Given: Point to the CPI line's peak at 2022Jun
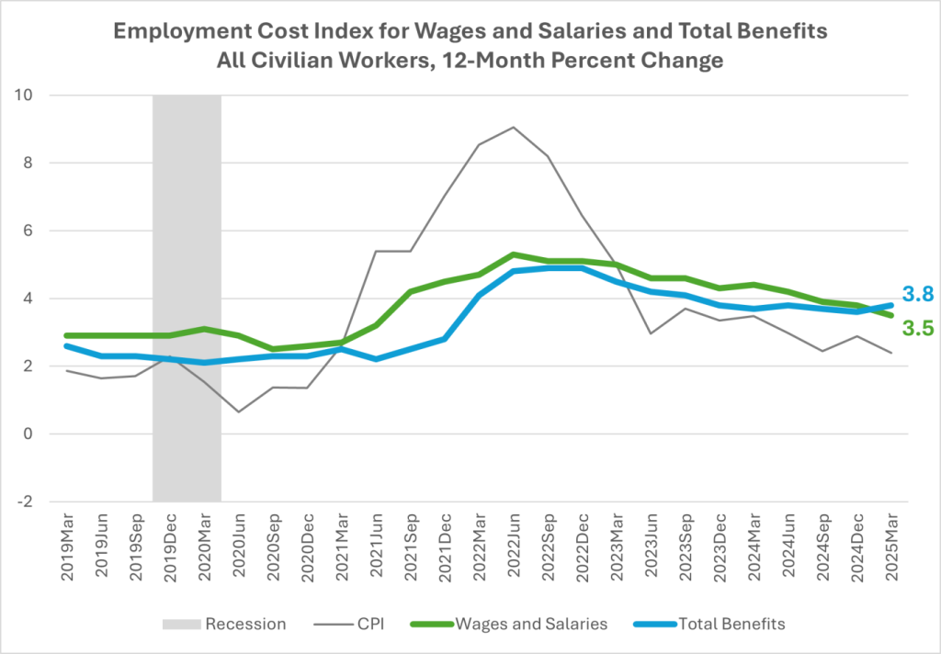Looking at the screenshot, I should tap(514, 127).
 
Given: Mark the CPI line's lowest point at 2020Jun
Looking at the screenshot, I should tap(239, 412).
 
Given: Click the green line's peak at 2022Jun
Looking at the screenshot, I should tap(514, 254).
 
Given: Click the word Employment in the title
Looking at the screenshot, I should tap(171, 32).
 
